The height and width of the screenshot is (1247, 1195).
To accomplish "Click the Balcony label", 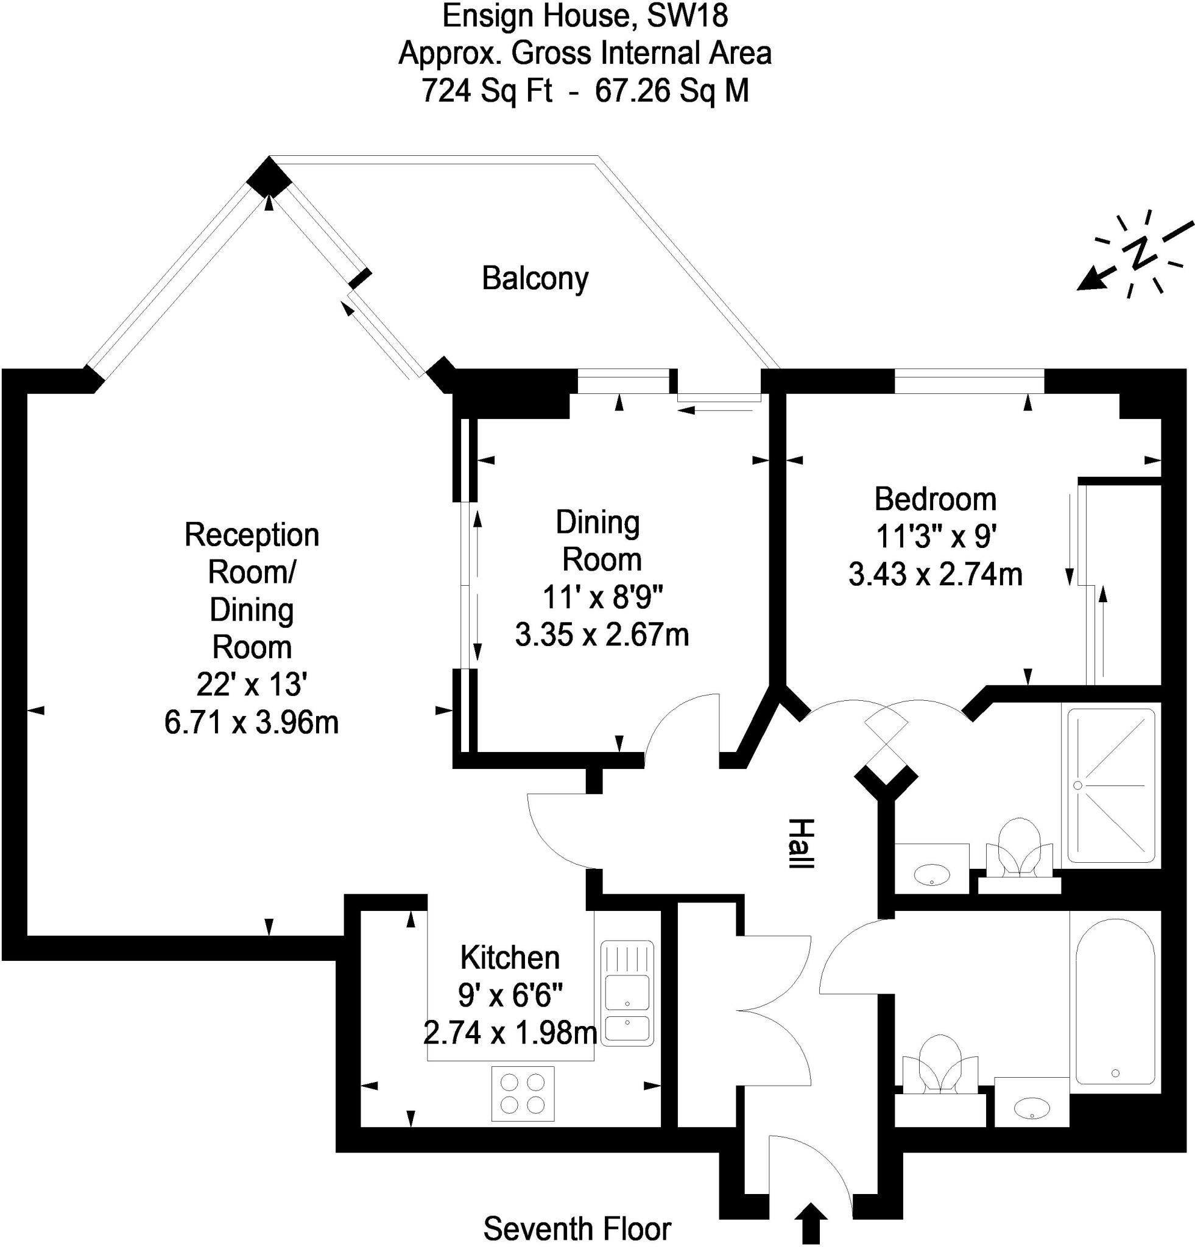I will point(535,279).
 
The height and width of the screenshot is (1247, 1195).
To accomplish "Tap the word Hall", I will point(801,844).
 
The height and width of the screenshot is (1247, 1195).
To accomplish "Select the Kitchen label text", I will point(510,957).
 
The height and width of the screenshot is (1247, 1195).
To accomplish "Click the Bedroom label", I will point(935,499).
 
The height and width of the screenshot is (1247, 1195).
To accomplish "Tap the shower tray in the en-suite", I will point(1111,785).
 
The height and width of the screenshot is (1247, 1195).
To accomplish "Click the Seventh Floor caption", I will point(577,1229).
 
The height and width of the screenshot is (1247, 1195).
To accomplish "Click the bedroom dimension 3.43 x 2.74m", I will point(935,575).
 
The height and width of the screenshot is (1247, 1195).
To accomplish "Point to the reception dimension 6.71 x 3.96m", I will point(252,722).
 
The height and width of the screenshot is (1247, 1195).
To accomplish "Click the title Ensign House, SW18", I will point(585,16).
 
